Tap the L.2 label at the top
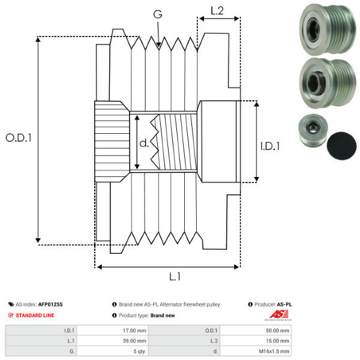pyautogui.click(x=217, y=10)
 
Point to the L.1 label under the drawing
pyautogui.click(x=175, y=277)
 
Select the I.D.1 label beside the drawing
pyautogui.click(x=270, y=145)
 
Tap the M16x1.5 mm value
pyautogui.click(x=277, y=352)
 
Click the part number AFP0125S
pyautogui.click(x=50, y=305)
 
